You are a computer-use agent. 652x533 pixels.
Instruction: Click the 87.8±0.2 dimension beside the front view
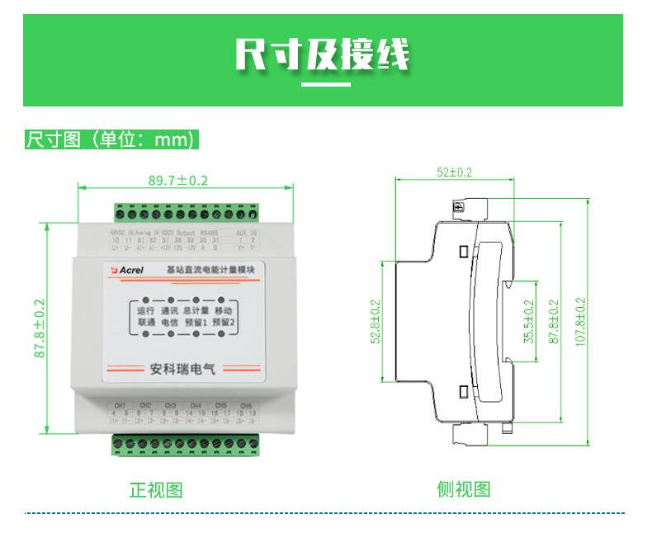click(39, 328)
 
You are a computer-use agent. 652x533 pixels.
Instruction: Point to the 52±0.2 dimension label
click(455, 172)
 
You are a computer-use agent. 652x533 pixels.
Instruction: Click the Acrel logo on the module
click(128, 269)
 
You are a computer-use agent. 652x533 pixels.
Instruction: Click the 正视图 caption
click(156, 489)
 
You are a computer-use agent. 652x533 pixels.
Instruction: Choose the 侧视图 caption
click(463, 489)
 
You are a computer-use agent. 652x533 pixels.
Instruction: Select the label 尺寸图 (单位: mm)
click(112, 139)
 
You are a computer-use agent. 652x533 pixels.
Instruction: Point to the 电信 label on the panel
click(169, 324)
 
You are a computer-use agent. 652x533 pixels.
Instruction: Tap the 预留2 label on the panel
click(224, 324)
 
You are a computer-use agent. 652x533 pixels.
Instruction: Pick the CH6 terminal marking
click(246, 406)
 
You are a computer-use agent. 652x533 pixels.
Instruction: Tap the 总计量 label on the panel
click(196, 311)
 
